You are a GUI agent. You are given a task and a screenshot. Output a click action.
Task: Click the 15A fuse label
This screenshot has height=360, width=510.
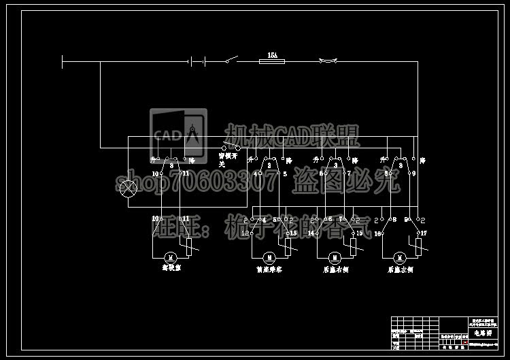(x=272, y=54)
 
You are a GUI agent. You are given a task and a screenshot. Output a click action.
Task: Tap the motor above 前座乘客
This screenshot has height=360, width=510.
(x=269, y=257)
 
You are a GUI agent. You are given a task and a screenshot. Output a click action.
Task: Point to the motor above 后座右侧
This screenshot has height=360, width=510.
(x=334, y=257)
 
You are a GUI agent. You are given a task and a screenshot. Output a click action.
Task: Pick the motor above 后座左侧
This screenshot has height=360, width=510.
(x=400, y=257)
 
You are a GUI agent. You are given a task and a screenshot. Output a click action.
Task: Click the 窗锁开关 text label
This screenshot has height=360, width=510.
(x=226, y=159)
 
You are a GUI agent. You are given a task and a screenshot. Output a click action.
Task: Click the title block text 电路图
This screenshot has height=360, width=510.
(x=483, y=333)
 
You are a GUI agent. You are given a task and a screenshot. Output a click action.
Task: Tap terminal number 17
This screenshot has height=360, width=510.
(x=423, y=233)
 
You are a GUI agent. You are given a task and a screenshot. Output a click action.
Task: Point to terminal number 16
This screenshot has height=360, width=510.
(x=377, y=233)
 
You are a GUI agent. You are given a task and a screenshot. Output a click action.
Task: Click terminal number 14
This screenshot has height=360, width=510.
(x=311, y=233)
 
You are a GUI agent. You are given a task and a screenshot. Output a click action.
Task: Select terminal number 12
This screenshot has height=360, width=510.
(x=245, y=233)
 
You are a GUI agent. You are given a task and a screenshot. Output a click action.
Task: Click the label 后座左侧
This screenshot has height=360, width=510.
(x=400, y=269)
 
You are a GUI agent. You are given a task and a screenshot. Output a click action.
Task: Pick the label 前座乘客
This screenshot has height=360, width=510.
(x=269, y=269)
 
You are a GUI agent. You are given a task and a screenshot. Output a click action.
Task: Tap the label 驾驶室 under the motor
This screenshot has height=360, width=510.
(x=171, y=268)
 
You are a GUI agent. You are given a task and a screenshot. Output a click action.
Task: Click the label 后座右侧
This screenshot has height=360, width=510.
(x=334, y=269)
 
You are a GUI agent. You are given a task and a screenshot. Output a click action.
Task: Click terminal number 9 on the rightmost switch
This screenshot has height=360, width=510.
(x=413, y=174)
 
